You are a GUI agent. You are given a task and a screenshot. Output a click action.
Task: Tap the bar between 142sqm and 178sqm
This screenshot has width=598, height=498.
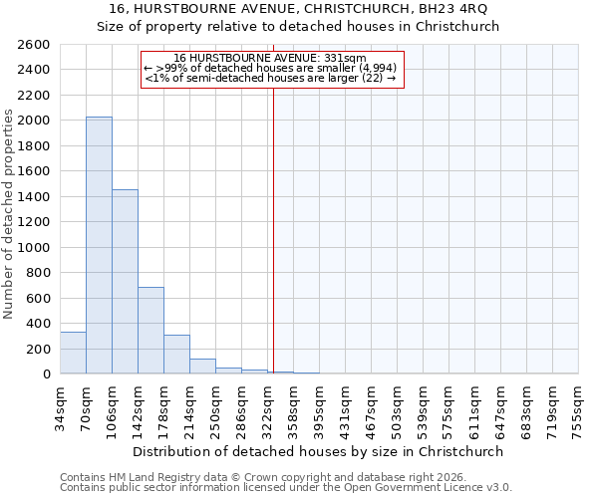[150, 330]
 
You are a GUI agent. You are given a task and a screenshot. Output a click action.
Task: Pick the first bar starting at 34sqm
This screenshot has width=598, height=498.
[73, 353]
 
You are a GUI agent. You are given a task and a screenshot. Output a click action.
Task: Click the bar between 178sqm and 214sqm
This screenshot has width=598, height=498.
[176, 355]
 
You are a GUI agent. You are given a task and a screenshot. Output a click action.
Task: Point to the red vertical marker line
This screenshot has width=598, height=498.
[272, 229]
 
